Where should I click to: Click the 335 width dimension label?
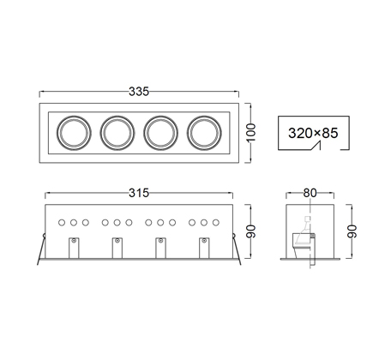139,92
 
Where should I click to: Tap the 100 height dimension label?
251,133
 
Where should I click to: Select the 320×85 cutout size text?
313,133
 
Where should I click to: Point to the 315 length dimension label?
139,193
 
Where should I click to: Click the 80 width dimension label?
310,193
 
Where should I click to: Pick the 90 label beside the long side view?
251,231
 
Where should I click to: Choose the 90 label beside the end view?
352,231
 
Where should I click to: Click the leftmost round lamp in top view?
74,133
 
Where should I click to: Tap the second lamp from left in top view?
117,133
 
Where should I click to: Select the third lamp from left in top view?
161,133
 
